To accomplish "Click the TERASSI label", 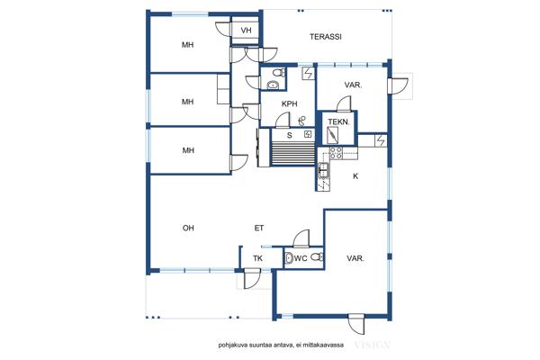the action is [326, 37].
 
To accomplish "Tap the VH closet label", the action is [246, 31].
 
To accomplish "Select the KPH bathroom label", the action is [289, 103].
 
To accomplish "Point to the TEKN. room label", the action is [338, 121].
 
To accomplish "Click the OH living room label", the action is [188, 228].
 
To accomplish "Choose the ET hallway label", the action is [259, 228].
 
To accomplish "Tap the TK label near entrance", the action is [257, 258].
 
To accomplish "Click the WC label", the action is [301, 257].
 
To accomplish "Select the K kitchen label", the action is [355, 176].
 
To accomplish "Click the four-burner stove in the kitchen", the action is [336, 153].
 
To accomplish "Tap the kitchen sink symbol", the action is [324, 170].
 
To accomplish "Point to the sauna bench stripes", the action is [293, 153].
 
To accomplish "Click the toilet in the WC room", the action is [317, 256].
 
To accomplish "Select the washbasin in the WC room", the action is [289, 257].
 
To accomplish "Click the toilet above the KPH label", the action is [278, 73].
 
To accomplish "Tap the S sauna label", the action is [289, 135].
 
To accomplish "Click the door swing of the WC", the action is [301, 238].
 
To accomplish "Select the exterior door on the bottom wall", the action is [356, 324].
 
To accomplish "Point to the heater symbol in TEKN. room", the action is [333, 135].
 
